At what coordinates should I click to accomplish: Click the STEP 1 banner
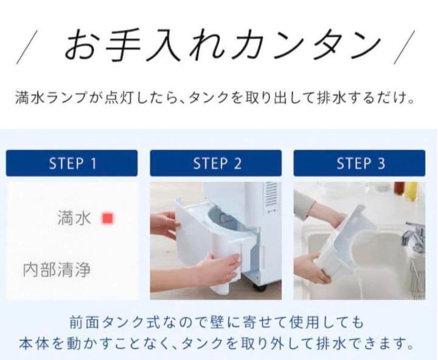coord(72,163)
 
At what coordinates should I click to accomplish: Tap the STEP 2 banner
coord(215,163)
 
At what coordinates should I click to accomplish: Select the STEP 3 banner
coord(360,163)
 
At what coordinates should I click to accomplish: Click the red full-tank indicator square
coord(108,218)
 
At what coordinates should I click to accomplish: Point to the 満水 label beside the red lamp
coord(74,218)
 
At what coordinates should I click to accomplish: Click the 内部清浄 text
coord(57,270)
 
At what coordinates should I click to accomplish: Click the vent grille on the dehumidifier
coord(271,195)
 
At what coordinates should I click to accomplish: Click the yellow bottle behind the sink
coord(412,191)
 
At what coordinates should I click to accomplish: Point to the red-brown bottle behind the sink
coord(400,188)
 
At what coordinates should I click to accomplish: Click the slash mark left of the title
coord(27,47)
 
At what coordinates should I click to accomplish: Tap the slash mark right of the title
coord(404,47)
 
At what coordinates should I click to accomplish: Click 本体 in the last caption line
coord(35,344)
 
